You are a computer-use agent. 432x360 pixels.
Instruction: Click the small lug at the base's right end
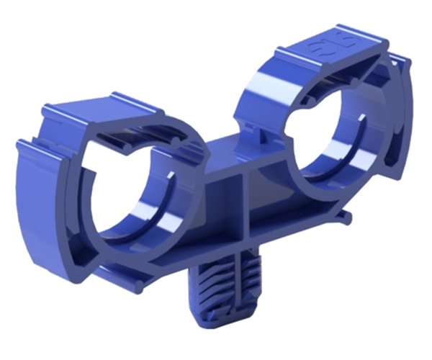[x=347, y=216]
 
